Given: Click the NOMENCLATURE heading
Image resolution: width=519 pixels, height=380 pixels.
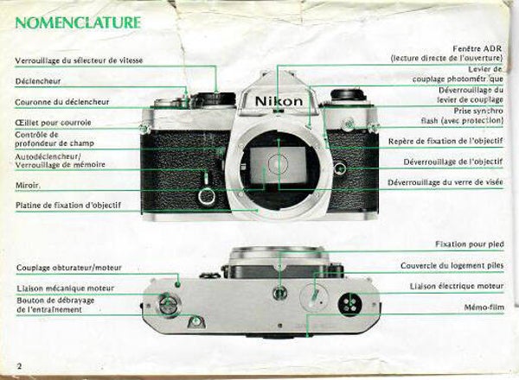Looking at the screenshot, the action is tap(78, 22).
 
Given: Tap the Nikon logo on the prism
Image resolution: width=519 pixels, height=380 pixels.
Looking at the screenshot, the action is tap(279, 101).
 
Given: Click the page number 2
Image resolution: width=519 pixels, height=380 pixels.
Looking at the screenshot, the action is tap(20, 366).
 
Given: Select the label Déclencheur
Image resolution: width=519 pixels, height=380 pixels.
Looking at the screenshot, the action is tap(38, 81).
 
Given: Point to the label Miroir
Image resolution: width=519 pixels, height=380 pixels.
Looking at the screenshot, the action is tap(29, 186).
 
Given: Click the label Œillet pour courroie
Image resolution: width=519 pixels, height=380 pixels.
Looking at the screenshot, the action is tap(53, 123).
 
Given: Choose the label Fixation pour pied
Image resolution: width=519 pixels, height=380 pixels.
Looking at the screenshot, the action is tap(470, 244).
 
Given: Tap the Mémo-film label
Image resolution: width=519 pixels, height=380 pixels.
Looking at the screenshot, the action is tap(484, 307).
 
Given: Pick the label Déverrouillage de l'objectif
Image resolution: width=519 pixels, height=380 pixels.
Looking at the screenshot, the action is tap(452, 161).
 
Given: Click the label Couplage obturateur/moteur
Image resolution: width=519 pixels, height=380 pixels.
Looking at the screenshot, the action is tap(69, 268).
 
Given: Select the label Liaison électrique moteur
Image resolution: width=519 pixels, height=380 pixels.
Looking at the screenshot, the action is tap(457, 286).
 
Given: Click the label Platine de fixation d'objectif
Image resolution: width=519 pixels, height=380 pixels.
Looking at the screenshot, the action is tap(68, 206).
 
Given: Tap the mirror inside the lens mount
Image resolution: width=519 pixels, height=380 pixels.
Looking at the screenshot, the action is tap(278, 165).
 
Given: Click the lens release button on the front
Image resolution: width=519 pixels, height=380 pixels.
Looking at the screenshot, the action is tap(340, 169).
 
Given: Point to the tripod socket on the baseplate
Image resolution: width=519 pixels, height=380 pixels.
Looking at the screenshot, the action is tap(280, 293).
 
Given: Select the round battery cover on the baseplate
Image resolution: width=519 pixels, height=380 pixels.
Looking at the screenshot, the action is tap(314, 296).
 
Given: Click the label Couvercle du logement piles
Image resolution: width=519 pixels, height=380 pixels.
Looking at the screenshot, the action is tap(452, 266).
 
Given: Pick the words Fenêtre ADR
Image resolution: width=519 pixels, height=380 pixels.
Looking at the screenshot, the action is tap(477, 48).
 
